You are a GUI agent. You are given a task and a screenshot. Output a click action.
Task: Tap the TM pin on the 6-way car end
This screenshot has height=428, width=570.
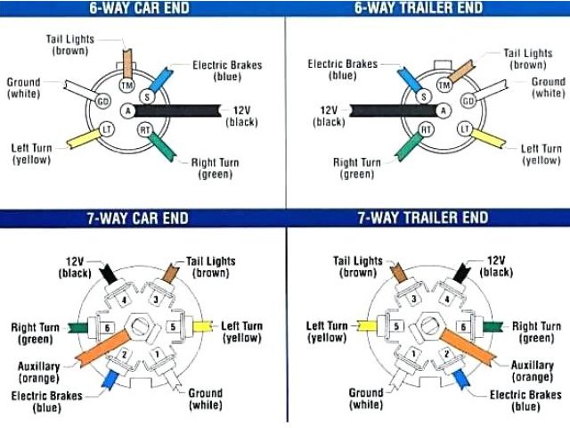pyautogui.click(x=126, y=84)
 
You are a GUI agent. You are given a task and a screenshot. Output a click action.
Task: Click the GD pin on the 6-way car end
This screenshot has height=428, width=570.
pyautogui.click(x=103, y=101)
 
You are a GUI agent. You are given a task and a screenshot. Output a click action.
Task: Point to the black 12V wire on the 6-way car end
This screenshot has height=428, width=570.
pyautogui.click(x=178, y=111)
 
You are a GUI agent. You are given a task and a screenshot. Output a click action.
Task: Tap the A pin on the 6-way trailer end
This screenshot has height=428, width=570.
pyautogui.click(x=443, y=111)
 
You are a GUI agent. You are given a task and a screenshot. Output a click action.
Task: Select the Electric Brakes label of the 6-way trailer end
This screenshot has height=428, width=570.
pyautogui.click(x=343, y=70)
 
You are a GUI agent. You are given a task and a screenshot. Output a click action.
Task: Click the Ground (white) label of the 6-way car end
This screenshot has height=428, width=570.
pyautogui.click(x=24, y=87)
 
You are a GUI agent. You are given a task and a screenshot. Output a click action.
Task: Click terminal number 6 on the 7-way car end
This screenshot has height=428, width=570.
pyautogui.click(x=108, y=328)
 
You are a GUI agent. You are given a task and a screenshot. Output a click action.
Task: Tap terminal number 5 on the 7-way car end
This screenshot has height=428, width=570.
pyautogui.click(x=172, y=327)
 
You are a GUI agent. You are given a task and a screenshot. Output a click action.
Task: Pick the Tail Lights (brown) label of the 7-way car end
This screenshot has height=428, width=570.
pyautogui.click(x=211, y=267)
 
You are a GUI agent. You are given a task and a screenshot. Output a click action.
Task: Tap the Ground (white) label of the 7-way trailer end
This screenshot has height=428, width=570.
pyautogui.click(x=366, y=399)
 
